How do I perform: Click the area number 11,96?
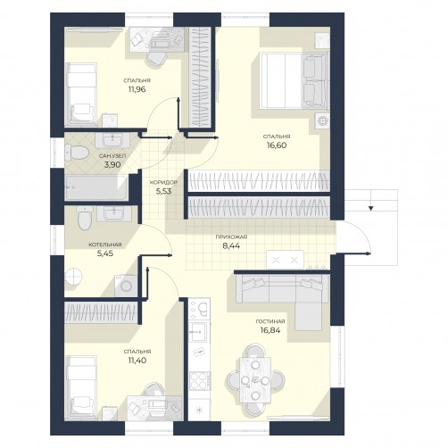pyautogui.click(x=137, y=89)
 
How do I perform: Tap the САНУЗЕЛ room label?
pyautogui.click(x=112, y=155)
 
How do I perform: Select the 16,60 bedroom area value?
pyautogui.click(x=277, y=145)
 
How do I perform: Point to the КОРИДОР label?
pyautogui.click(x=163, y=182)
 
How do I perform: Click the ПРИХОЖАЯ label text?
pyautogui.click(x=231, y=237)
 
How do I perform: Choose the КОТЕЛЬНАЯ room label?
pyautogui.click(x=105, y=245)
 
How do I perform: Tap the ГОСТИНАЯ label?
pyautogui.click(x=270, y=321)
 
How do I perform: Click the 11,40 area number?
pyautogui.click(x=137, y=361)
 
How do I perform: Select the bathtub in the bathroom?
pyautogui.click(x=96, y=187)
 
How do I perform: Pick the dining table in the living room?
pyautogui.click(x=255, y=380)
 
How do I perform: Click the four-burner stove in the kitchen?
pyautogui.click(x=200, y=380)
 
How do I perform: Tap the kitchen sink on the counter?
pyautogui.click(x=199, y=331)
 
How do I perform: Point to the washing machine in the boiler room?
pyautogui.click(x=126, y=286)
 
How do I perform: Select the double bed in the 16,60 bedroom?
pyautogui.click(x=294, y=80)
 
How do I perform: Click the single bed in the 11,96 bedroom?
pyautogui.click(x=81, y=94)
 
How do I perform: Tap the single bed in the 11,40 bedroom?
pyautogui.click(x=81, y=387)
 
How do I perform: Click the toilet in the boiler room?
pyautogui.click(x=85, y=219)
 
